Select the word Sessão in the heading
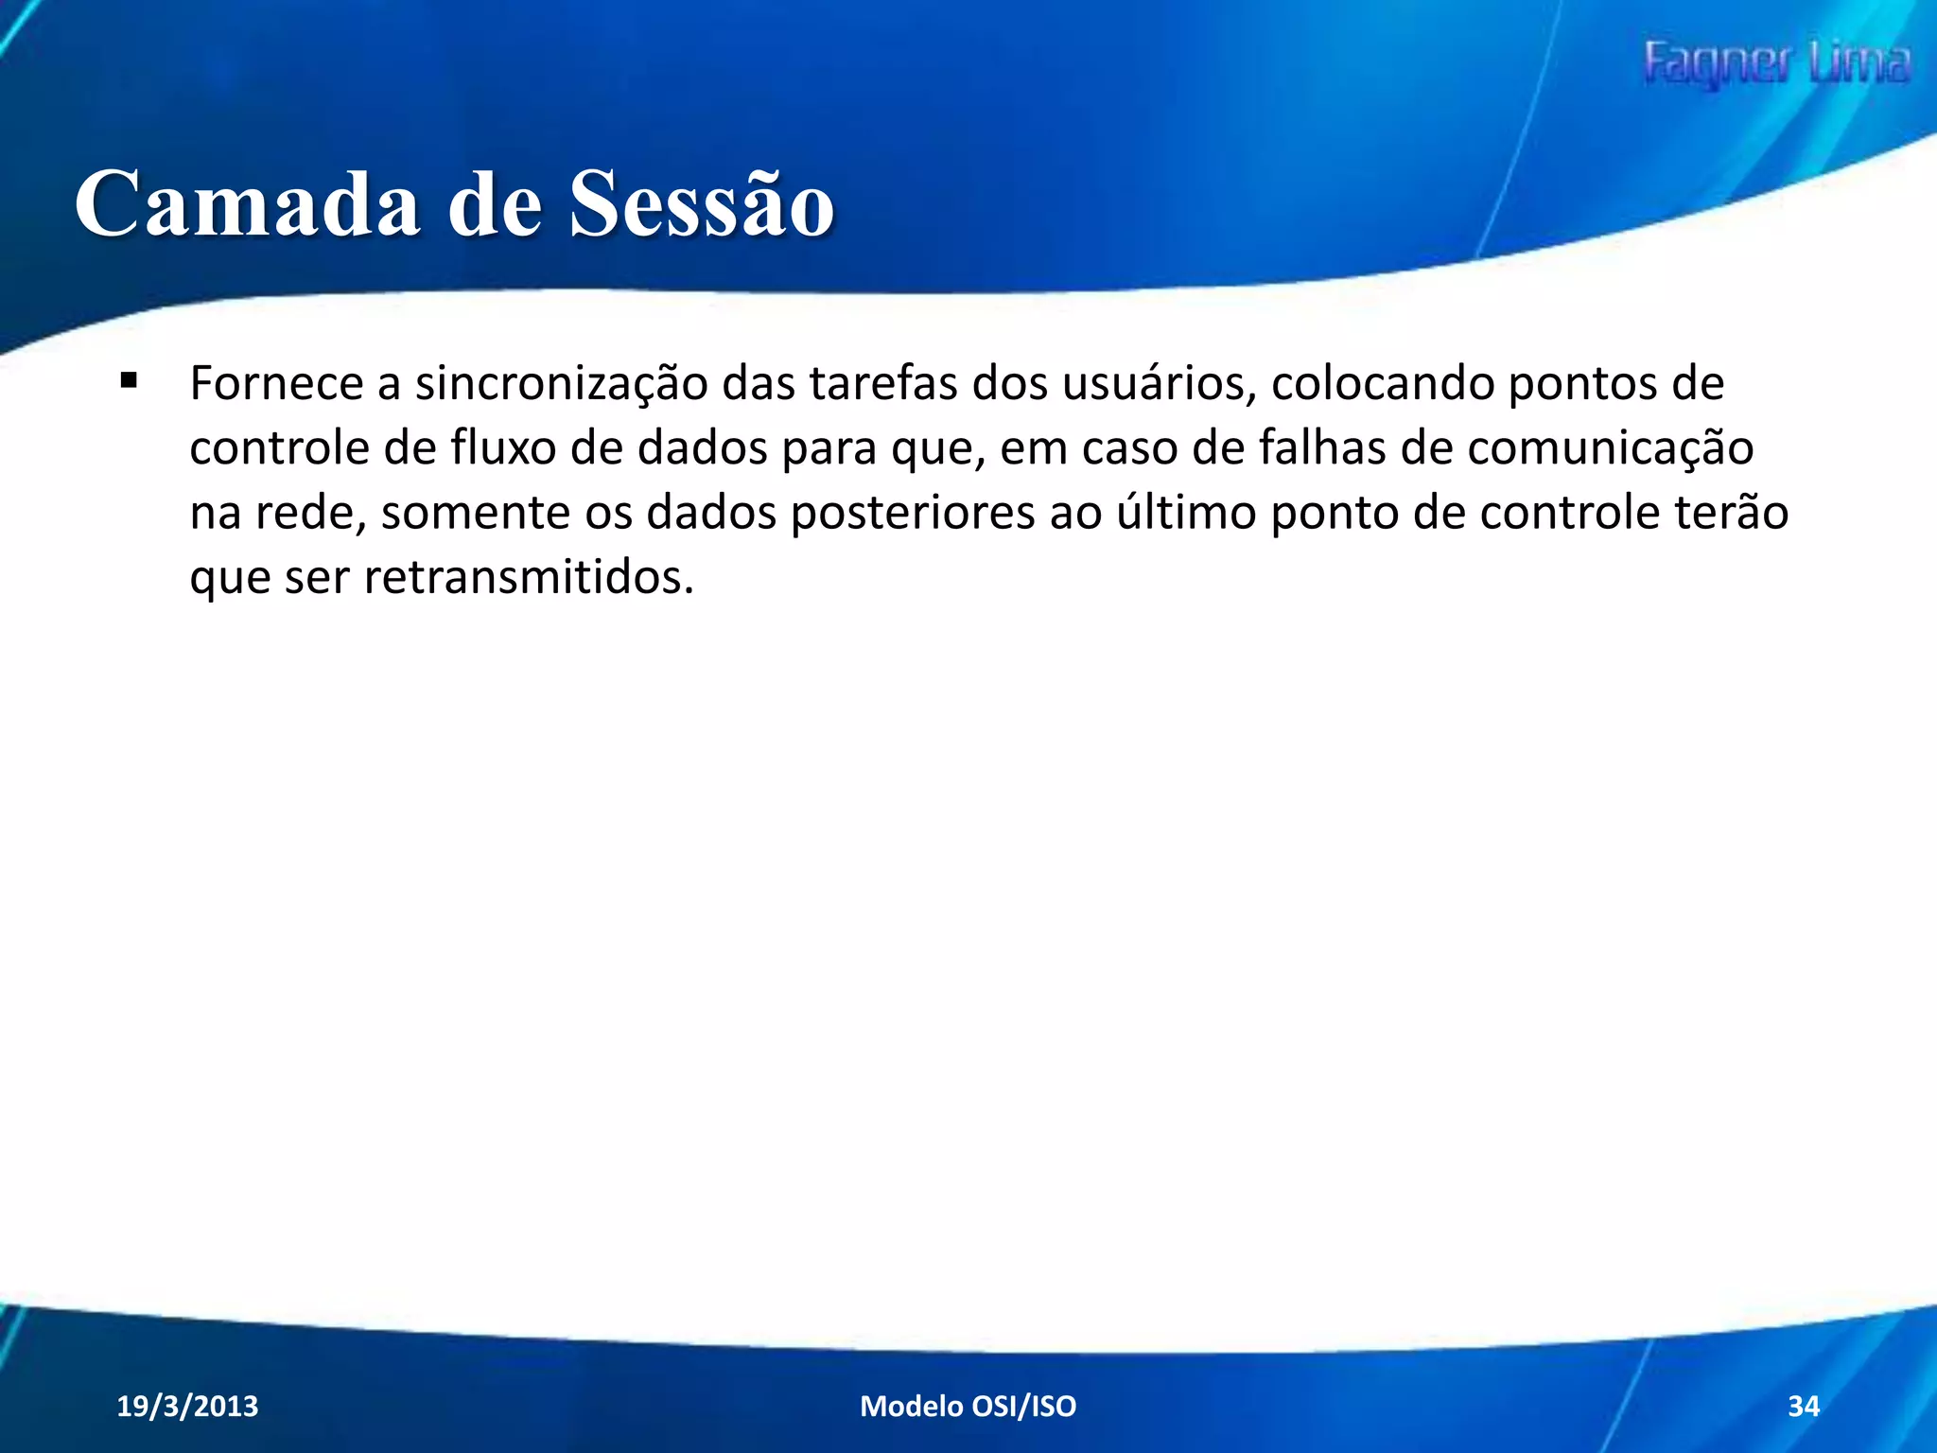pyautogui.click(x=701, y=202)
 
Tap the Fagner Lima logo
pyautogui.click(x=1776, y=64)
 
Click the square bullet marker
pyautogui.click(x=129, y=382)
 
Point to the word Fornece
pyautogui.click(x=276, y=384)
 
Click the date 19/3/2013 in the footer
pyautogui.click(x=187, y=1406)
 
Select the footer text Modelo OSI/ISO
pyautogui.click(x=968, y=1406)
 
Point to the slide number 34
pyautogui.click(x=1803, y=1406)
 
